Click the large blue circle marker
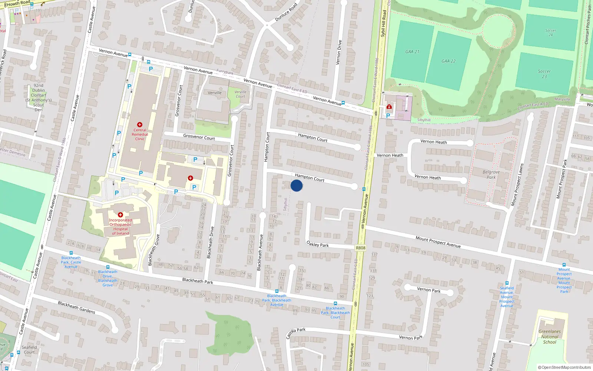point(296,185)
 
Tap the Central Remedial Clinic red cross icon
point(140,125)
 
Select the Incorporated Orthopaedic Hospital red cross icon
point(120,215)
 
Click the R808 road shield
point(360,248)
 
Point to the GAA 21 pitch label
point(412,52)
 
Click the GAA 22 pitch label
point(448,61)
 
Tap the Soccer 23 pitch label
point(544,74)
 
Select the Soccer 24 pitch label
point(550,33)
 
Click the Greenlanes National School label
point(550,337)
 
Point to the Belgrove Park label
point(491,174)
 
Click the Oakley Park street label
point(318,244)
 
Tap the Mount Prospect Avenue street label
point(438,242)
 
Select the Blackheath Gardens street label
point(76,307)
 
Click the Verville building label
point(215,93)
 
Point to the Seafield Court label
point(29,350)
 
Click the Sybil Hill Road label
point(384,23)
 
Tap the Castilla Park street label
point(295,333)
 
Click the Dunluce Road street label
point(286,13)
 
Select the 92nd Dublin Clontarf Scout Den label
point(39,98)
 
